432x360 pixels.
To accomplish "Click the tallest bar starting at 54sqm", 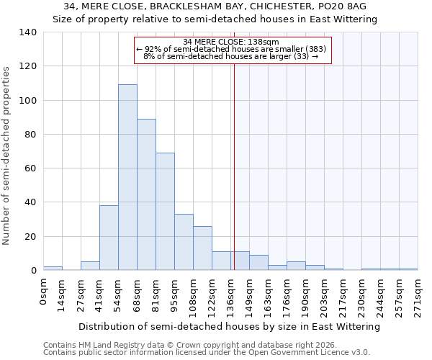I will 127,177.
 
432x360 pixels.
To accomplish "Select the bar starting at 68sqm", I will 146,194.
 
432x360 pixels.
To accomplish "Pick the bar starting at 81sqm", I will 165,212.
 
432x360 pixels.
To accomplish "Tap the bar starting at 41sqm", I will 109,238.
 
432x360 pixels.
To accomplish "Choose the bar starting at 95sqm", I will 184,242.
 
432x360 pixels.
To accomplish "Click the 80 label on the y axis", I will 31,135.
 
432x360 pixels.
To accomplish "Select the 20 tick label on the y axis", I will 31,237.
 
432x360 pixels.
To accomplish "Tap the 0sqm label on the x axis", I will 44,291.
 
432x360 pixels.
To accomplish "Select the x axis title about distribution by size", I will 229,327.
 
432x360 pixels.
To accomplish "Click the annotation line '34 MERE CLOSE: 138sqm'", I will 231,42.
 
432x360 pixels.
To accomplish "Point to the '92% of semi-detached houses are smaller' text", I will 231,49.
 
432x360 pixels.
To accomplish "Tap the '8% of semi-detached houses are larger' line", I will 231,56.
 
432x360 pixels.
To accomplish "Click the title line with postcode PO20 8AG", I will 215,6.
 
